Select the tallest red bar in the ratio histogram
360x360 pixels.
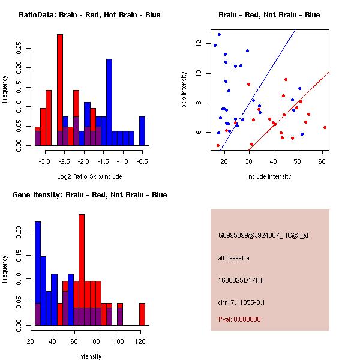(x=60, y=90)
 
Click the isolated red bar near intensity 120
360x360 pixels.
(x=142, y=314)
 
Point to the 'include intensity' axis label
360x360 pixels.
(x=269, y=176)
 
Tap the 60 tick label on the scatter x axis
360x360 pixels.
(x=323, y=161)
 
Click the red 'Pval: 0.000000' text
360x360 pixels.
(x=239, y=319)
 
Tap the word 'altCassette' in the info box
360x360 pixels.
(x=233, y=258)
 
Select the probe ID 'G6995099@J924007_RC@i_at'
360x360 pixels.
(x=263, y=236)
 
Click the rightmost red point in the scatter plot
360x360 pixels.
(x=325, y=127)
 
